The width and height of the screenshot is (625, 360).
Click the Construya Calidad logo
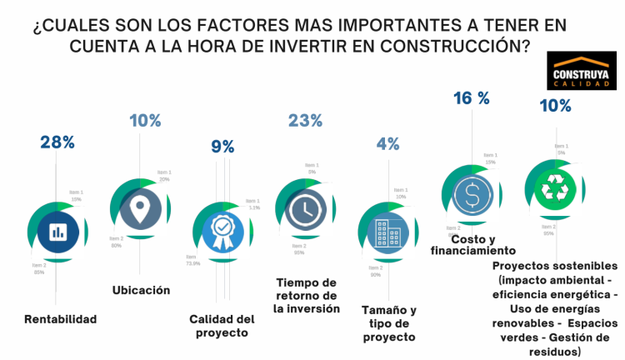point(581,72)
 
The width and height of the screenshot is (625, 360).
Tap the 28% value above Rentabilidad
point(57,142)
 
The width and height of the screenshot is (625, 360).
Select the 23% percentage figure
point(305,121)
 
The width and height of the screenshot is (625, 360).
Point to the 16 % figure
point(471,98)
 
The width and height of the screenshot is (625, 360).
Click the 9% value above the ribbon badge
point(222,147)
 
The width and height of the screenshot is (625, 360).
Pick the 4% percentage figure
point(387,143)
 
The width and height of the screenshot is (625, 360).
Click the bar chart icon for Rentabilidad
point(57,231)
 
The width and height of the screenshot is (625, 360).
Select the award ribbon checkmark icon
point(222,230)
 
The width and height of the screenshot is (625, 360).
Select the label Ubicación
point(141,290)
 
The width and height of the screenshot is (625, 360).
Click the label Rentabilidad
point(61,318)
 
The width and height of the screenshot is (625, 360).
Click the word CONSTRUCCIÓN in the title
point(457,46)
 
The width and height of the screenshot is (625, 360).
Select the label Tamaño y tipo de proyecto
point(389,323)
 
